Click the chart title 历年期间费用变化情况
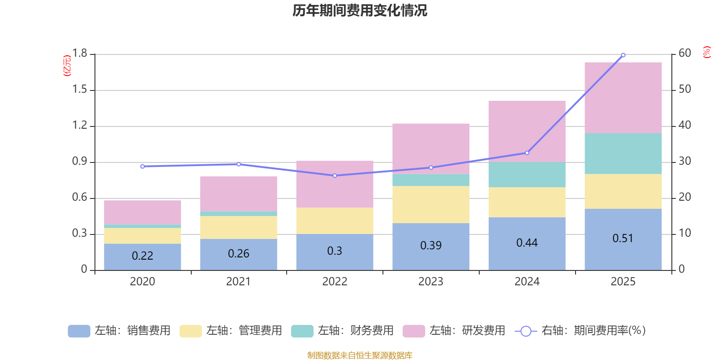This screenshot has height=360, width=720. pos(360,10)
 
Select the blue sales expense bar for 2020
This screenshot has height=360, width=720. pos(142,256)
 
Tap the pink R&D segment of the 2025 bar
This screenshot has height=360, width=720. pos(623,97)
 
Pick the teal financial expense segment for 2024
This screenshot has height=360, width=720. pos(526,175)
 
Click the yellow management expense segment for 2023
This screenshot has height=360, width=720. pos(431,204)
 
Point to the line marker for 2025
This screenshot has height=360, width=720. pos(623,55)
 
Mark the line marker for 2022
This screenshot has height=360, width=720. pos(334,175)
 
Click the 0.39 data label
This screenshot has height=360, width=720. pos(431,246)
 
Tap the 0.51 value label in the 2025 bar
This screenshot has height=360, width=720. pos(623,238)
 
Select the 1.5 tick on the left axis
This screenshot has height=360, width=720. pos(80,90)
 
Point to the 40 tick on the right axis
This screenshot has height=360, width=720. pos(684,125)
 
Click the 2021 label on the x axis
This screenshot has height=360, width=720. pos(238,282)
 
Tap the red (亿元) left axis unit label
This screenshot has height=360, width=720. pos(67,66)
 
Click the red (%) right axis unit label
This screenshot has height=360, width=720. pos(706,52)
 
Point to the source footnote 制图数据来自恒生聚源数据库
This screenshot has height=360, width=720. pos(360,355)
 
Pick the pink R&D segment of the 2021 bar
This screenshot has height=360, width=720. pos(238,193)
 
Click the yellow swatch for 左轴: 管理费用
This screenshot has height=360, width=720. pos(190,331)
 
